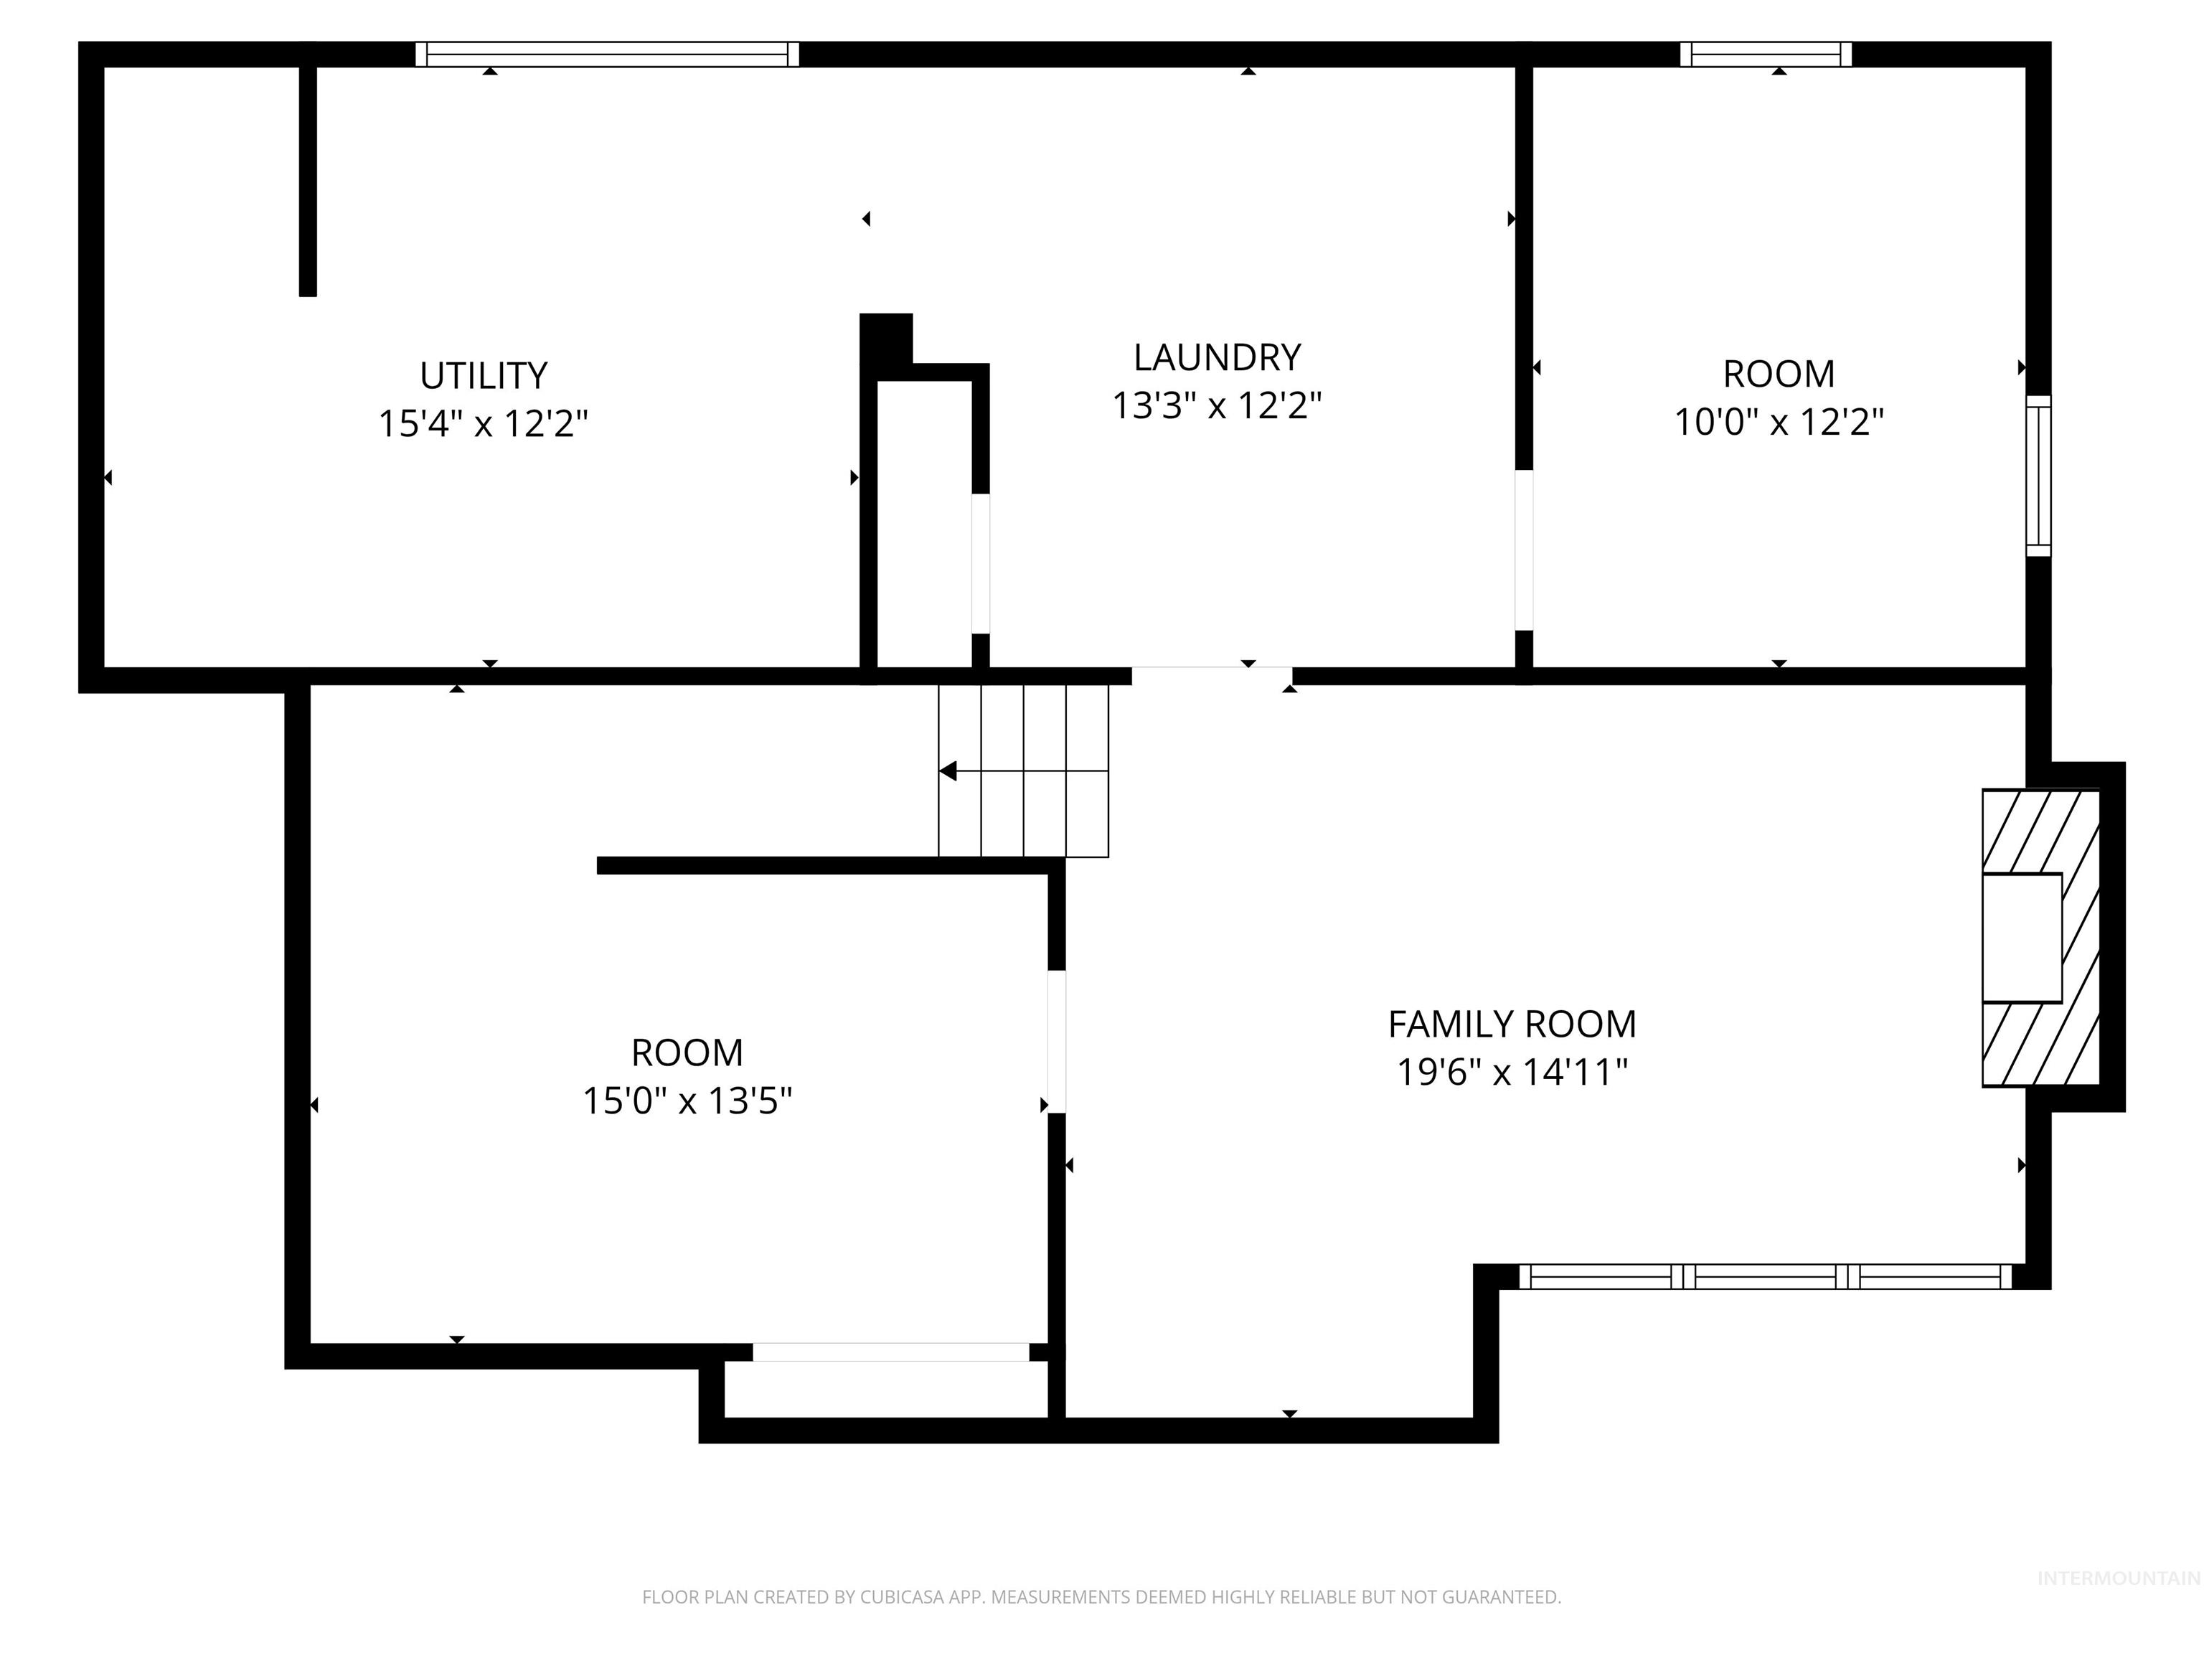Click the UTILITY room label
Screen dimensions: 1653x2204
click(x=484, y=377)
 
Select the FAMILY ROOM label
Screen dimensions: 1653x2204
click(x=1512, y=1025)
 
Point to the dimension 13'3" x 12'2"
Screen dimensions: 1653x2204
click(x=1217, y=405)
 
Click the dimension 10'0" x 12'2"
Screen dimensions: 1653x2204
click(x=1779, y=423)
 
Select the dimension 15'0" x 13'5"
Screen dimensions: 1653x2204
click(x=687, y=1101)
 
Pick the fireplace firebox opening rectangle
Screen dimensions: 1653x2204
click(x=2022, y=938)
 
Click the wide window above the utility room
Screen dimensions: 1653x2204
click(x=607, y=54)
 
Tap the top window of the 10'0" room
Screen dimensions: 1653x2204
click(x=1766, y=54)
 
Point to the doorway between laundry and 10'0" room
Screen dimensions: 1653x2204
click(x=1523, y=550)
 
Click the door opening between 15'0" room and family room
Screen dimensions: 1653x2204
click(x=1056, y=1041)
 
